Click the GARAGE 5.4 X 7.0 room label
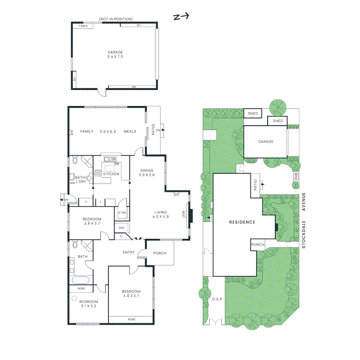point(115,54)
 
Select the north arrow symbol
point(181,16)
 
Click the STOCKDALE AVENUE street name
point(304,220)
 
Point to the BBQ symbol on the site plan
point(295,176)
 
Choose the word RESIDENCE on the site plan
point(242,222)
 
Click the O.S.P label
point(217,299)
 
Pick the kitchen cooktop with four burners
point(98,173)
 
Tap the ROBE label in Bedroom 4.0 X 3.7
point(132,319)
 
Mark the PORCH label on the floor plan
point(160,253)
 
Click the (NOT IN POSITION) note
point(116,19)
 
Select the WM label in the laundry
point(72,183)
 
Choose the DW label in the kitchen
point(117,164)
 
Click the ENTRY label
point(129,252)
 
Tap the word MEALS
point(130,131)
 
